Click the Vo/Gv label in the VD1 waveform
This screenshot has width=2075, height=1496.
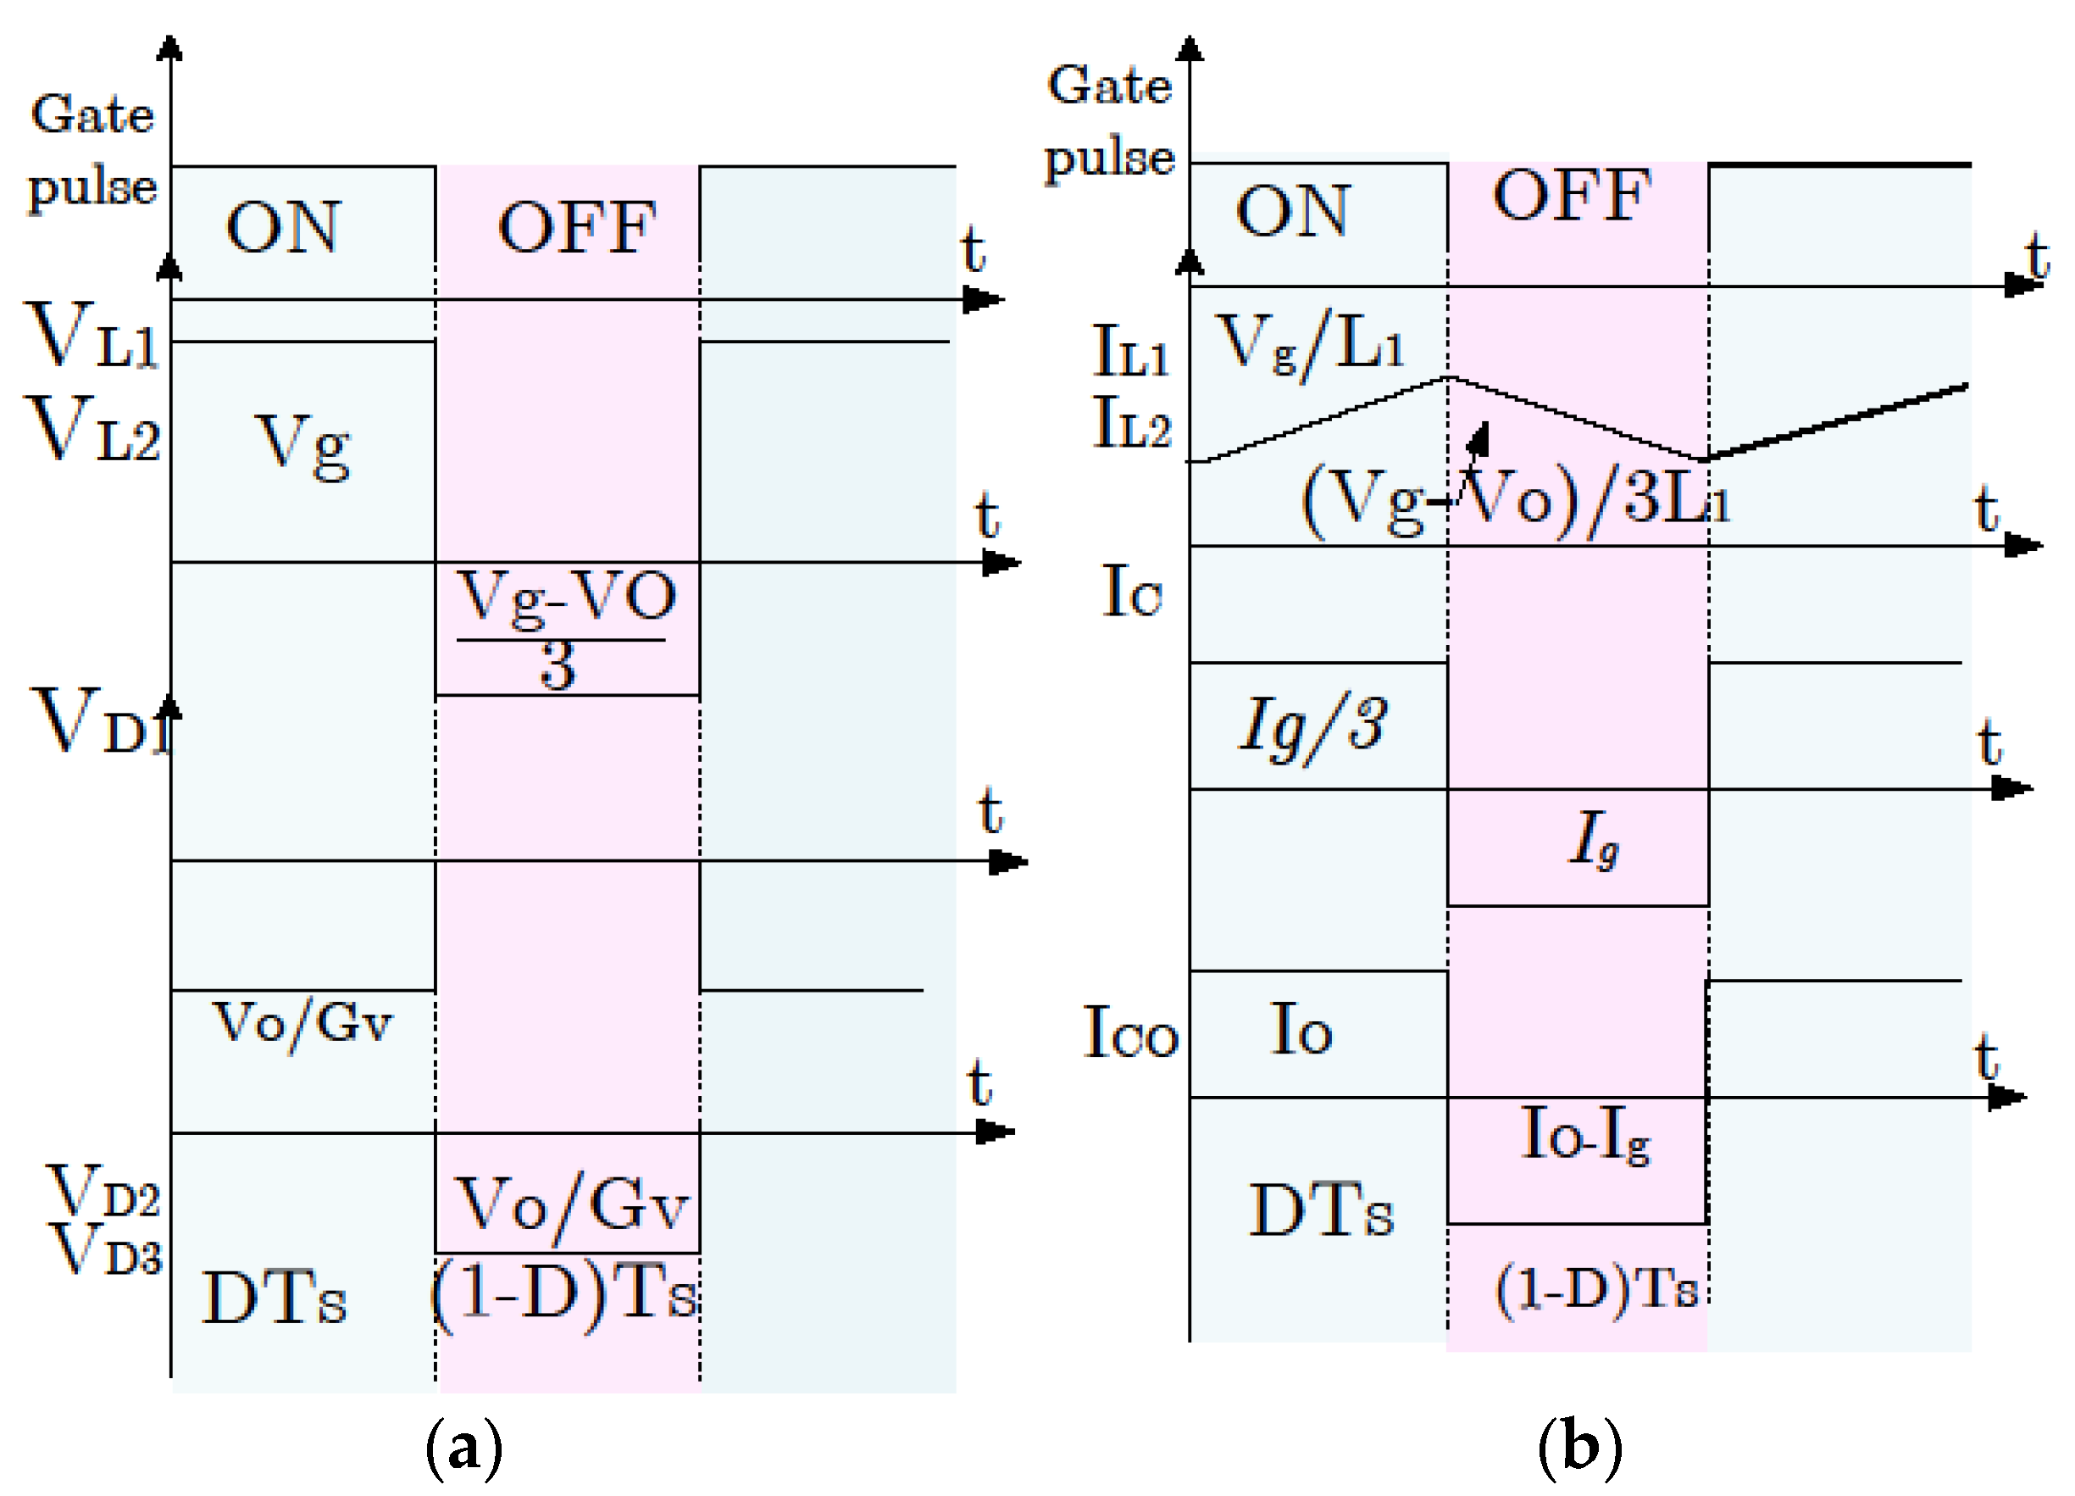pyautogui.click(x=302, y=1023)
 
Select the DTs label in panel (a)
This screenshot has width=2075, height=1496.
pyautogui.click(x=274, y=1299)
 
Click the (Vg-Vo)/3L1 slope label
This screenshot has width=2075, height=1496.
pyautogui.click(x=1515, y=502)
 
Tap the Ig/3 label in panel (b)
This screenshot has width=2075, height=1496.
pyautogui.click(x=1312, y=727)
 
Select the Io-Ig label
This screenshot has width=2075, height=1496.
pyautogui.click(x=1584, y=1136)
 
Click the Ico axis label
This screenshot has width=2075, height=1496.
pyautogui.click(x=1130, y=1033)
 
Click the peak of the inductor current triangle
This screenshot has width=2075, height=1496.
pyautogui.click(x=1447, y=376)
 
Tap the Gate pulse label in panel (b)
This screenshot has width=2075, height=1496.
pyautogui.click(x=1109, y=122)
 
